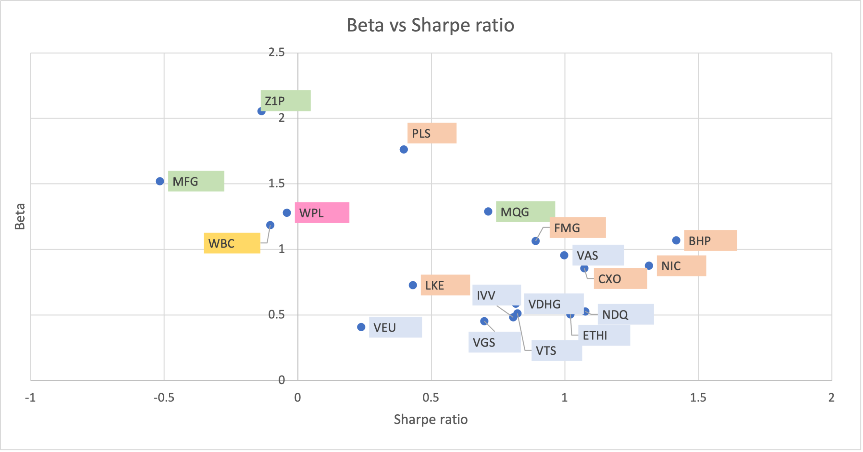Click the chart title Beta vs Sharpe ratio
[430, 25]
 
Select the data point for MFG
[160, 181]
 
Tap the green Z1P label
[285, 101]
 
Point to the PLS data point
[404, 149]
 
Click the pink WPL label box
[322, 213]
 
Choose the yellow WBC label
[232, 243]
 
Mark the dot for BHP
[676, 240]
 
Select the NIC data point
[649, 265]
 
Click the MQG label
[525, 212]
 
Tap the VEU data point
[361, 327]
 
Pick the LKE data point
[413, 285]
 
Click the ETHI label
[604, 335]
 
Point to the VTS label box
[557, 350]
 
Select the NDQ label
[625, 314]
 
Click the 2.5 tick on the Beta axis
[276, 52]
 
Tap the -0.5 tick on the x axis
[164, 397]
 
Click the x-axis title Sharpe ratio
[431, 419]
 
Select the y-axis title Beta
[20, 216]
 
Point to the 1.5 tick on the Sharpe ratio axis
[698, 397]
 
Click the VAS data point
[564, 255]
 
